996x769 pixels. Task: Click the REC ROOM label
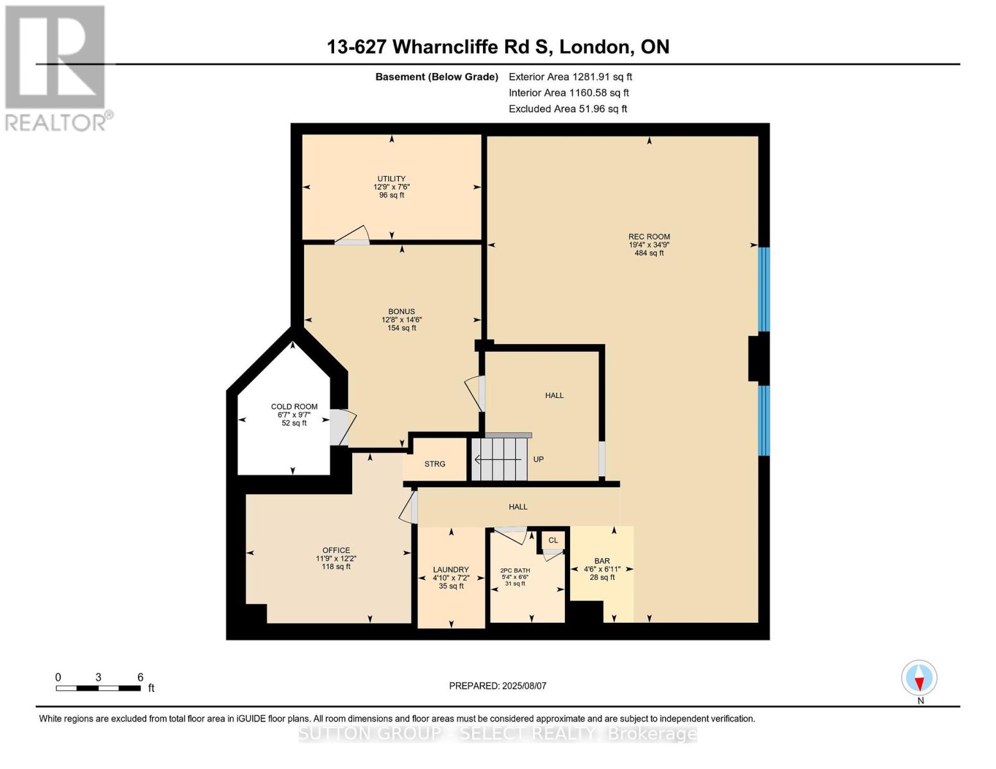(649, 236)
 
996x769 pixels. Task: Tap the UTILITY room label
(391, 179)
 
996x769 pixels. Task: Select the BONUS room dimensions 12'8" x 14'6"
(401, 320)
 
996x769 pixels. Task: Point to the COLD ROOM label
(294, 406)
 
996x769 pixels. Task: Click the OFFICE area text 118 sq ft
(336, 566)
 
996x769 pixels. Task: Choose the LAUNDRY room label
(451, 569)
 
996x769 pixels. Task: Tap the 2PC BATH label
(515, 570)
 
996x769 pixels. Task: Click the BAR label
(602, 561)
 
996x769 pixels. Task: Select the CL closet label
(553, 540)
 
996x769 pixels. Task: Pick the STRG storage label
(435, 464)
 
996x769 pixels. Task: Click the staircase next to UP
(500, 458)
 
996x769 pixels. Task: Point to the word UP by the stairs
(539, 459)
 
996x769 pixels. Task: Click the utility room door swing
(352, 236)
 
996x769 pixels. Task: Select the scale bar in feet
(98, 688)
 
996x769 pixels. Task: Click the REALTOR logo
(56, 67)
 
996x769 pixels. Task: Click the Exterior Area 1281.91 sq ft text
(570, 77)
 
